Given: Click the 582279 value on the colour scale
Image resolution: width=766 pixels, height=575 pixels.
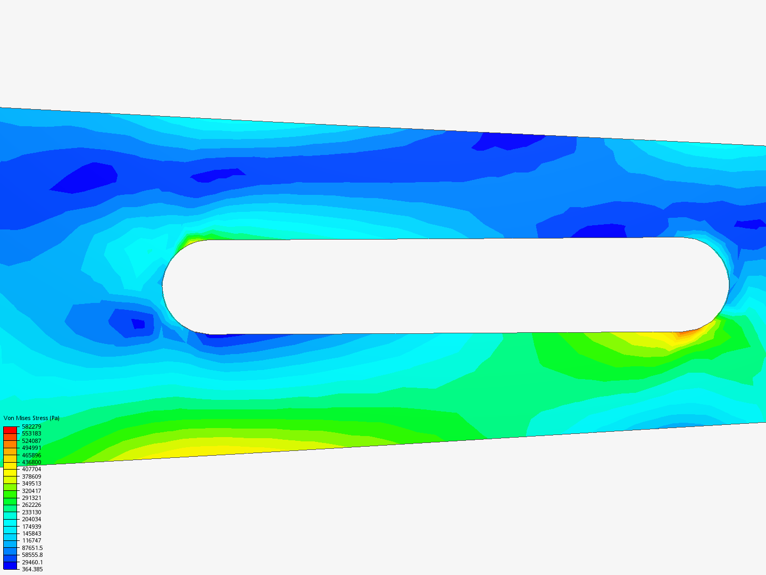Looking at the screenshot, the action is click(31, 426).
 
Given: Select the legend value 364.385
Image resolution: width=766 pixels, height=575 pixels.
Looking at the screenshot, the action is click(32, 569).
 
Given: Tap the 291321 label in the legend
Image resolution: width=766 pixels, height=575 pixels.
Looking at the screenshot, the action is click(31, 498).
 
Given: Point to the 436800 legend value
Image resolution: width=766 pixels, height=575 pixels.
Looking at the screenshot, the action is click(31, 462).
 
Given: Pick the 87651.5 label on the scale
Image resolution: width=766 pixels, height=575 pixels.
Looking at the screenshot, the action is click(32, 548).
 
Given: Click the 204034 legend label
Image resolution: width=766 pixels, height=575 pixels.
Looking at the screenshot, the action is click(31, 519).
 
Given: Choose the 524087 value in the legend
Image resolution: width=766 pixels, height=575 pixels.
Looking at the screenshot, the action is click(31, 441).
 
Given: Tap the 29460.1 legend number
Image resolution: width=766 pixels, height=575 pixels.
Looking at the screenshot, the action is click(32, 562).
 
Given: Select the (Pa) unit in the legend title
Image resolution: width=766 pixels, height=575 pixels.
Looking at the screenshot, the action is click(54, 418).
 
